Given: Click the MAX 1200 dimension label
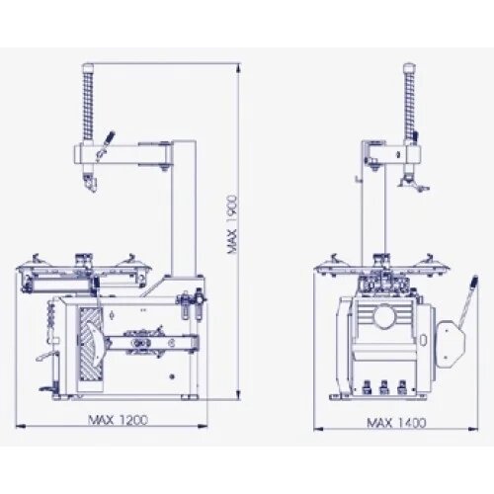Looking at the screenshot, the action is (119, 420).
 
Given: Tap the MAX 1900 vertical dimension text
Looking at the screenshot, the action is (232, 224).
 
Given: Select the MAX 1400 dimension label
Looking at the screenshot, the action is (396, 423).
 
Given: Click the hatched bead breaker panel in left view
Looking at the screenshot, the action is (91, 345).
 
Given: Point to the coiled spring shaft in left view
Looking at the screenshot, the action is (88, 101).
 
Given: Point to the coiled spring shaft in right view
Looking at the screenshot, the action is (409, 101).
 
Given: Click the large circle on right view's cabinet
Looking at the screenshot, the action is (384, 316).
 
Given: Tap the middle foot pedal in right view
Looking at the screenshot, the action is (384, 387).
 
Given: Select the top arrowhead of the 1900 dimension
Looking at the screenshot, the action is (238, 67).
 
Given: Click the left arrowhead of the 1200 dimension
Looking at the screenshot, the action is (21, 427).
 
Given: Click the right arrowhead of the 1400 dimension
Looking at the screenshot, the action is (473, 429).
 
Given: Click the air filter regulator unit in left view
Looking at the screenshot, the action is (192, 303).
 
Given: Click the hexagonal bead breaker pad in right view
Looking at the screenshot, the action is (451, 343).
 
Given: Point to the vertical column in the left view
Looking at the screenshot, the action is (184, 208).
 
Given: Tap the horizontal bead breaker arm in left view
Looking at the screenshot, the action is (152, 344).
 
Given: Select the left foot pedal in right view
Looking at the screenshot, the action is (367, 387).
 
